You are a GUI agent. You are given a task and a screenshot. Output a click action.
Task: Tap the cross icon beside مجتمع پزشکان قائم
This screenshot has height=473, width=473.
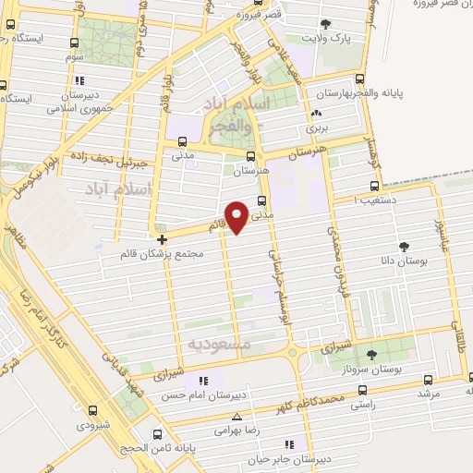pos(163,238)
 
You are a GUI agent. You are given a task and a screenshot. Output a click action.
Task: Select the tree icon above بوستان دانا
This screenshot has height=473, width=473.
pos(404,246)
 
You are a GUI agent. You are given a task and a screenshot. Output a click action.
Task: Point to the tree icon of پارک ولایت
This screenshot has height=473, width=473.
pos(324,24)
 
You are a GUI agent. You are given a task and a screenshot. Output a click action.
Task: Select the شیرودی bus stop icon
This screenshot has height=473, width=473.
pos(91,410)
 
